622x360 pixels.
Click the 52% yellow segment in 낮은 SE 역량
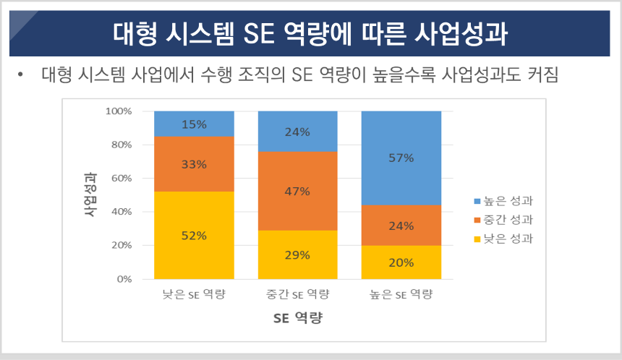(x=194, y=235)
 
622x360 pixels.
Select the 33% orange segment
(x=194, y=164)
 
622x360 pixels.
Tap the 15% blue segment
(x=194, y=124)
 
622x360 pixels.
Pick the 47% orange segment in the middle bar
(x=297, y=192)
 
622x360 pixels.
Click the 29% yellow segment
(x=297, y=254)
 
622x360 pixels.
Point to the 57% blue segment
(x=401, y=158)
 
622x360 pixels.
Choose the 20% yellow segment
(x=401, y=262)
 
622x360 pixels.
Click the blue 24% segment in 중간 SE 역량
(x=297, y=132)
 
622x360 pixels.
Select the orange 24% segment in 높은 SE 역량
(x=401, y=225)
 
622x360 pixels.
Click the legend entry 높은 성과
(x=502, y=200)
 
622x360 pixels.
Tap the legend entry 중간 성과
(x=502, y=219)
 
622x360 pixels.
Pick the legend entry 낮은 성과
(x=502, y=238)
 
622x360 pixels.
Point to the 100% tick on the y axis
(x=118, y=111)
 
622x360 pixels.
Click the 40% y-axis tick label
(x=120, y=212)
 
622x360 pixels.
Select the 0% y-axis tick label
(x=123, y=278)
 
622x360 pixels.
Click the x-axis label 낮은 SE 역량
(x=194, y=294)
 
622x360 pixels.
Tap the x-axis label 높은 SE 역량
(x=401, y=294)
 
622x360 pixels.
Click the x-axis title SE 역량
(x=297, y=317)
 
